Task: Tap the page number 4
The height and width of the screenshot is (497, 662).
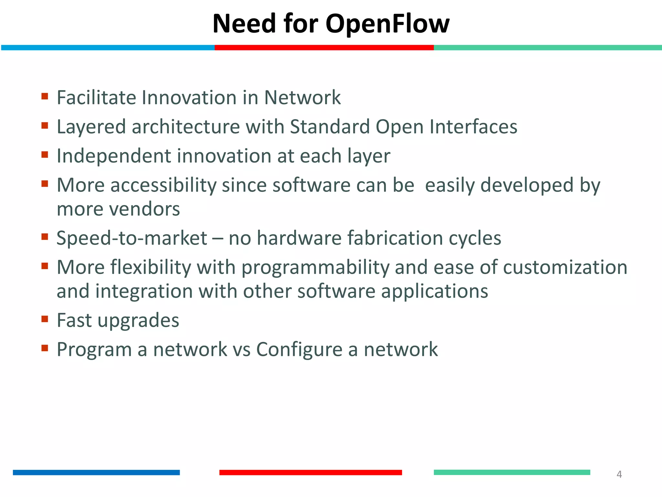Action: click(x=619, y=474)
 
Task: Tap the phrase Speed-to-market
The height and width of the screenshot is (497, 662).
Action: click(x=132, y=238)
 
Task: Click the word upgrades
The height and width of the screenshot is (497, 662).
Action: click(x=138, y=321)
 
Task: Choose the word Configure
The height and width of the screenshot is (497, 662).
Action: click(x=299, y=350)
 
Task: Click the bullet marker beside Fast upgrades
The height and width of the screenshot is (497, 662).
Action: click(x=45, y=319)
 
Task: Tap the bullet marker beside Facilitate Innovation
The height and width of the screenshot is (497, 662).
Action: click(x=45, y=96)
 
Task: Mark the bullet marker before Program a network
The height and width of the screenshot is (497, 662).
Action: click(x=45, y=348)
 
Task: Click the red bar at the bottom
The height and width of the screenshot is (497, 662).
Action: click(x=310, y=472)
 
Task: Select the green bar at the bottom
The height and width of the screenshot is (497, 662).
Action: click(x=512, y=472)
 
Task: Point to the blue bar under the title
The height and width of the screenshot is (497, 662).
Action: click(x=108, y=48)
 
